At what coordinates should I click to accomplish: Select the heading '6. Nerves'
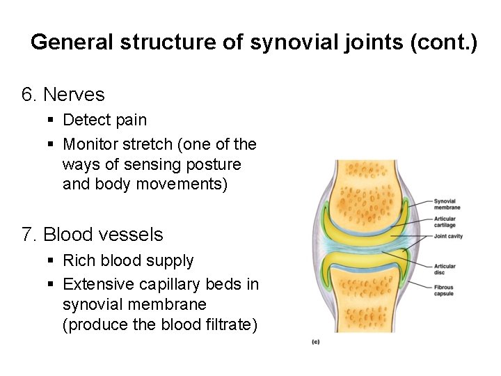click(63, 94)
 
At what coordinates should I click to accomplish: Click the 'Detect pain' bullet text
click(104, 120)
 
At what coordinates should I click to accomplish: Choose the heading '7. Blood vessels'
click(93, 235)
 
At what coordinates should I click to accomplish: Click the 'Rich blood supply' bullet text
click(128, 260)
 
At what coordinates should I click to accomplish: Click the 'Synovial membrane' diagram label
click(447, 204)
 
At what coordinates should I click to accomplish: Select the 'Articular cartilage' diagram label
click(445, 222)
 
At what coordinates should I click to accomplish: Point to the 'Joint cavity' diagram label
click(448, 237)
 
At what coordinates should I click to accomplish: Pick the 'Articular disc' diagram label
click(445, 269)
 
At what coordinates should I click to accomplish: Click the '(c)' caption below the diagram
click(315, 342)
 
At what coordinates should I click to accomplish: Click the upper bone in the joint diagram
click(365, 188)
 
